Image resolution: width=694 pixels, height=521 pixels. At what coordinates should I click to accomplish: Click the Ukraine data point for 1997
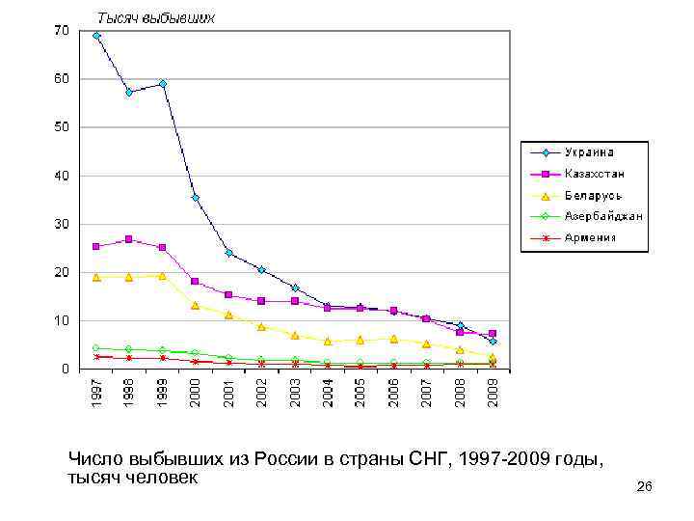[x=95, y=36]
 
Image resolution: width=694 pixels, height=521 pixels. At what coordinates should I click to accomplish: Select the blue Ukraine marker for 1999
[x=162, y=84]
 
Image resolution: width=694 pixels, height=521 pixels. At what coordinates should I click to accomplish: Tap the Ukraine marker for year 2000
[x=195, y=198]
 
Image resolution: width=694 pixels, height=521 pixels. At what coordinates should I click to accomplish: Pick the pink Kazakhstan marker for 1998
[x=128, y=239]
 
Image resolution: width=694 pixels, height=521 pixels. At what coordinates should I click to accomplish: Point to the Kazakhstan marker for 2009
[x=493, y=334]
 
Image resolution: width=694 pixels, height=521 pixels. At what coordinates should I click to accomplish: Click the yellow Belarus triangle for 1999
[x=162, y=276]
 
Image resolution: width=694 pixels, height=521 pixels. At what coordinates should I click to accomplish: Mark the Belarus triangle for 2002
[x=261, y=327]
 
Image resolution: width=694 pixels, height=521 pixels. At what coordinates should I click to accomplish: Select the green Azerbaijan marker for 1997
[x=95, y=348]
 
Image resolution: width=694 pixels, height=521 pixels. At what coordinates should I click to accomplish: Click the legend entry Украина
[x=589, y=152]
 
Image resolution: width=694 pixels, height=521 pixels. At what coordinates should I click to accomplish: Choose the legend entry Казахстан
[x=594, y=174]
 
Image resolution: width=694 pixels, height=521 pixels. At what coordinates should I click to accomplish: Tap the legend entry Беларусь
[x=593, y=195]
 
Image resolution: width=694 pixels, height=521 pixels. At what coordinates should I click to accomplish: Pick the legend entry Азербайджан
[x=603, y=216]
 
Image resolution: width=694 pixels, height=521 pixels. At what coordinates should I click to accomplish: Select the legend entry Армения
[x=590, y=237]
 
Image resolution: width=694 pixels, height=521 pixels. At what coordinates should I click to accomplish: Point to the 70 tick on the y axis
[x=61, y=32]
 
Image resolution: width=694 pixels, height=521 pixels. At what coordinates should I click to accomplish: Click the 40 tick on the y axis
[x=61, y=176]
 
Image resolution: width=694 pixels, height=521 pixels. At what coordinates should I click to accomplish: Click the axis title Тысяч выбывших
[x=154, y=17]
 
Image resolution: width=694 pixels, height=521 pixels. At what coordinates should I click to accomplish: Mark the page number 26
[x=645, y=488]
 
